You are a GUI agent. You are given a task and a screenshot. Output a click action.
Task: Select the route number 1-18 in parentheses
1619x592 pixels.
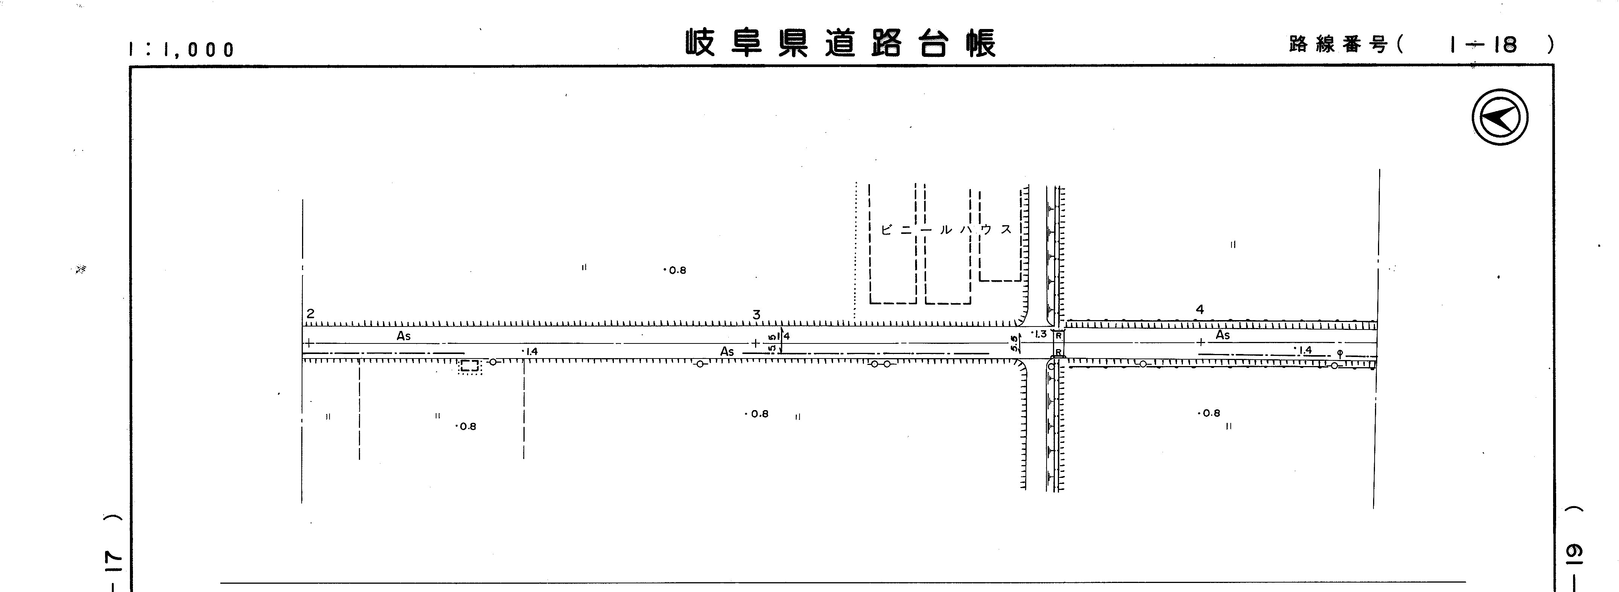pos(1483,44)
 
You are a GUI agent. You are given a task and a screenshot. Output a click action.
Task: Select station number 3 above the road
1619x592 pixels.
pos(757,315)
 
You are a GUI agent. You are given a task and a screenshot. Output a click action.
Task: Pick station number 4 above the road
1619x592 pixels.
pos(1200,309)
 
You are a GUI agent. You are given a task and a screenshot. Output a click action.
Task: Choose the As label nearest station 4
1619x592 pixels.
pos(1222,335)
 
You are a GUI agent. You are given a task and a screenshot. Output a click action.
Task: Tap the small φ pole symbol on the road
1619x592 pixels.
pos(1340,352)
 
